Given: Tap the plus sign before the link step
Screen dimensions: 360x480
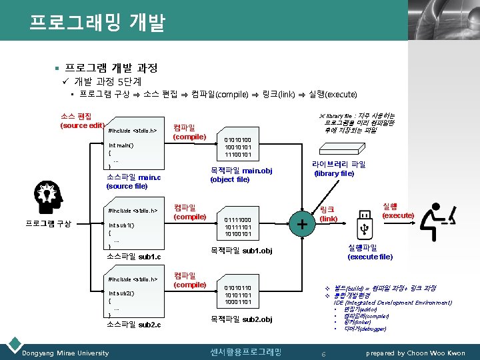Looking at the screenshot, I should [x=303, y=223].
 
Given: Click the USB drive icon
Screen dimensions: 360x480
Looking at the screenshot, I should [x=364, y=225].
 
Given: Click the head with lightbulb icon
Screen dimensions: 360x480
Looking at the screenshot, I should [x=49, y=194].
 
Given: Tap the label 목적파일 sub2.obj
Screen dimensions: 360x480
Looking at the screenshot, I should [x=241, y=319].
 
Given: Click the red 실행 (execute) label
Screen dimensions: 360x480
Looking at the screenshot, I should [x=398, y=211].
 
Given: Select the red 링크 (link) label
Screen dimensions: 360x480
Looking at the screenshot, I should [x=327, y=214].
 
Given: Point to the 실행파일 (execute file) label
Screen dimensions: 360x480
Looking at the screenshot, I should [x=371, y=252].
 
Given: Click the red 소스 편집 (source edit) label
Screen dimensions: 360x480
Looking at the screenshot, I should [x=82, y=121].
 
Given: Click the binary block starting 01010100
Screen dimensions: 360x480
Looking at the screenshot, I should [x=237, y=147].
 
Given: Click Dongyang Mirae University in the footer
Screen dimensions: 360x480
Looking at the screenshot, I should [x=65, y=353].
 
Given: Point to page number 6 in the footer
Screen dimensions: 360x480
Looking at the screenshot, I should [x=323, y=353].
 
